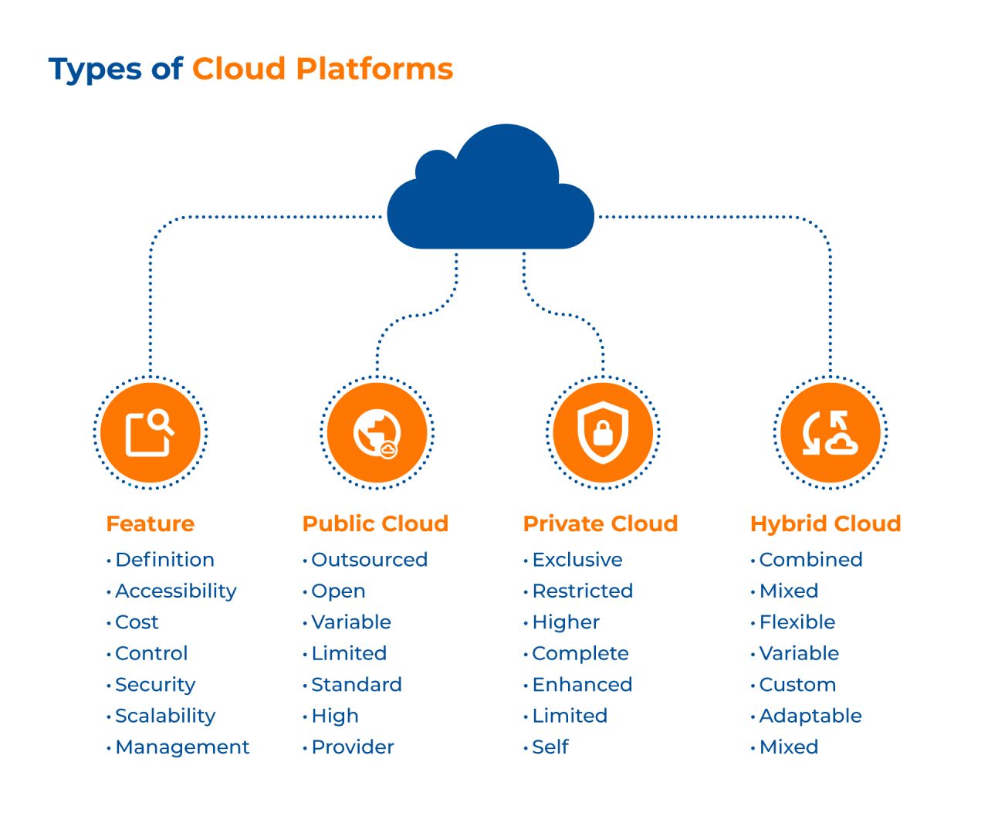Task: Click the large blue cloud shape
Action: (491, 193)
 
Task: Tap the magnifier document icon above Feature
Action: (151, 432)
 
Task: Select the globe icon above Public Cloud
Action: (377, 432)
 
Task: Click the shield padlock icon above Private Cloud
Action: (603, 432)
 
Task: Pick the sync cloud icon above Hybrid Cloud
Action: (830, 432)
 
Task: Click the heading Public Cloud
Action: (375, 523)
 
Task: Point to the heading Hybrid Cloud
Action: (825, 523)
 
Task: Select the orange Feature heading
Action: (150, 523)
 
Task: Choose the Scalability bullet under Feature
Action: (165, 716)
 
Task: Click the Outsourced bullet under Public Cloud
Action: (369, 560)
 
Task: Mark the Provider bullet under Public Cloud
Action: (353, 747)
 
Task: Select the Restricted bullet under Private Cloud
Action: (582, 591)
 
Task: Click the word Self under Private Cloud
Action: (550, 747)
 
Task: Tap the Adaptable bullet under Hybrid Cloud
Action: (810, 716)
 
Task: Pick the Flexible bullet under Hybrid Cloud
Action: (797, 622)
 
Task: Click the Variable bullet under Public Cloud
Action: (351, 622)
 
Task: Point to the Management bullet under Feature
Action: (182, 747)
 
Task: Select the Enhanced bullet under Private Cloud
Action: (582, 685)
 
